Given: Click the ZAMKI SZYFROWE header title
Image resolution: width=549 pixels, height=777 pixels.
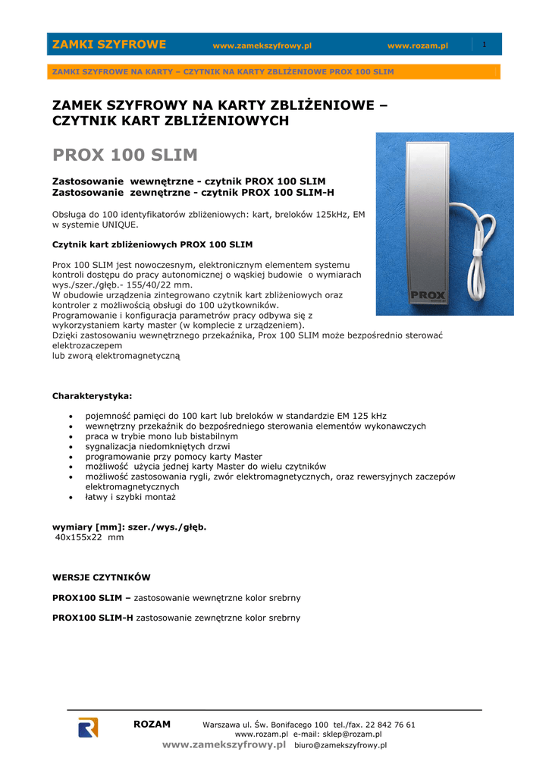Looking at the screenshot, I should click(108, 45).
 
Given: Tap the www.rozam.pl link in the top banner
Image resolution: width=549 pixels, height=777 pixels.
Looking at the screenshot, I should click(417, 46).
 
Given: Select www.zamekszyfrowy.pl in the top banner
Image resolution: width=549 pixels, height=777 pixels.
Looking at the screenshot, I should click(262, 46).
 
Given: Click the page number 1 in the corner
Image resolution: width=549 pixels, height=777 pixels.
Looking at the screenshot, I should click(484, 44).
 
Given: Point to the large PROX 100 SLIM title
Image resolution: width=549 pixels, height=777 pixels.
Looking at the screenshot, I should click(124, 156).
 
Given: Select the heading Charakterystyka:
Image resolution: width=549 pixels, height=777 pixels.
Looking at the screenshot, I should click(91, 396).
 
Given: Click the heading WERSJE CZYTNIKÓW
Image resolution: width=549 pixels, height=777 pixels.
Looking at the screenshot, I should click(101, 577).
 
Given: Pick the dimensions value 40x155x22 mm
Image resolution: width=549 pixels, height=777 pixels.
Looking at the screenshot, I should click(89, 537).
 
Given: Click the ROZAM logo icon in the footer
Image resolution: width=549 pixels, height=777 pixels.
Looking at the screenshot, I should click(88, 727).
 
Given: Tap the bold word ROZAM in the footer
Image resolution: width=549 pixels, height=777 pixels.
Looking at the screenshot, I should click(152, 725).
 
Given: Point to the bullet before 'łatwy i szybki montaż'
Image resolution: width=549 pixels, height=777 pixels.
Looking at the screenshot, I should click(71, 497).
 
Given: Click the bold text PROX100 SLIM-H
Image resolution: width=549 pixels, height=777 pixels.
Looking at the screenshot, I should click(92, 618).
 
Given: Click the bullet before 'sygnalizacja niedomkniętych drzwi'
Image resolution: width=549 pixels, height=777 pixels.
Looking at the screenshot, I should click(71, 447).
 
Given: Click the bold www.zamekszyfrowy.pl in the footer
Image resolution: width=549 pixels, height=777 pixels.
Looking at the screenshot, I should click(224, 745).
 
